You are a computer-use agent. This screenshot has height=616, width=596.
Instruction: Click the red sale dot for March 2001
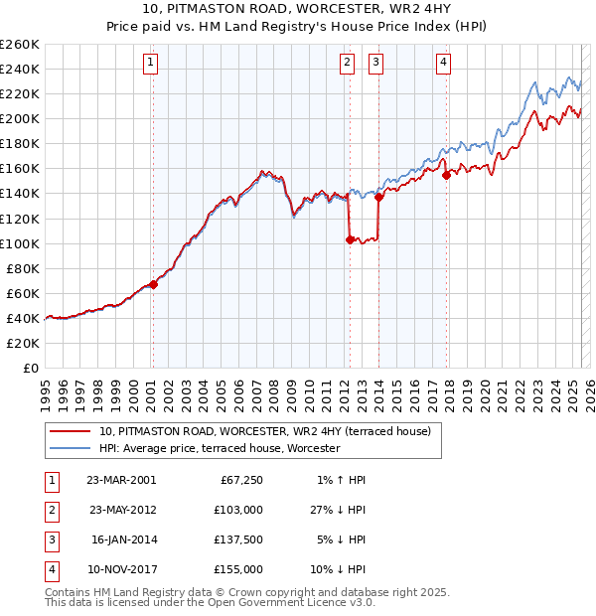(153, 284)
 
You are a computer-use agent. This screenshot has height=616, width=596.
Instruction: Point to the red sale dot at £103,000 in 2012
(350, 239)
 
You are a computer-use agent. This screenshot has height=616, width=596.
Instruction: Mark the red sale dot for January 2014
(378, 197)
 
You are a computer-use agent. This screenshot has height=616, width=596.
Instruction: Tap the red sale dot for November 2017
(446, 175)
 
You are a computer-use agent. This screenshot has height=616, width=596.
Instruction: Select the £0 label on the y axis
(31, 368)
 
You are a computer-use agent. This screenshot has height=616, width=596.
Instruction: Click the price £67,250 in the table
(240, 480)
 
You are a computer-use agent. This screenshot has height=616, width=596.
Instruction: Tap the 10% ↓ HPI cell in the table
(339, 569)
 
